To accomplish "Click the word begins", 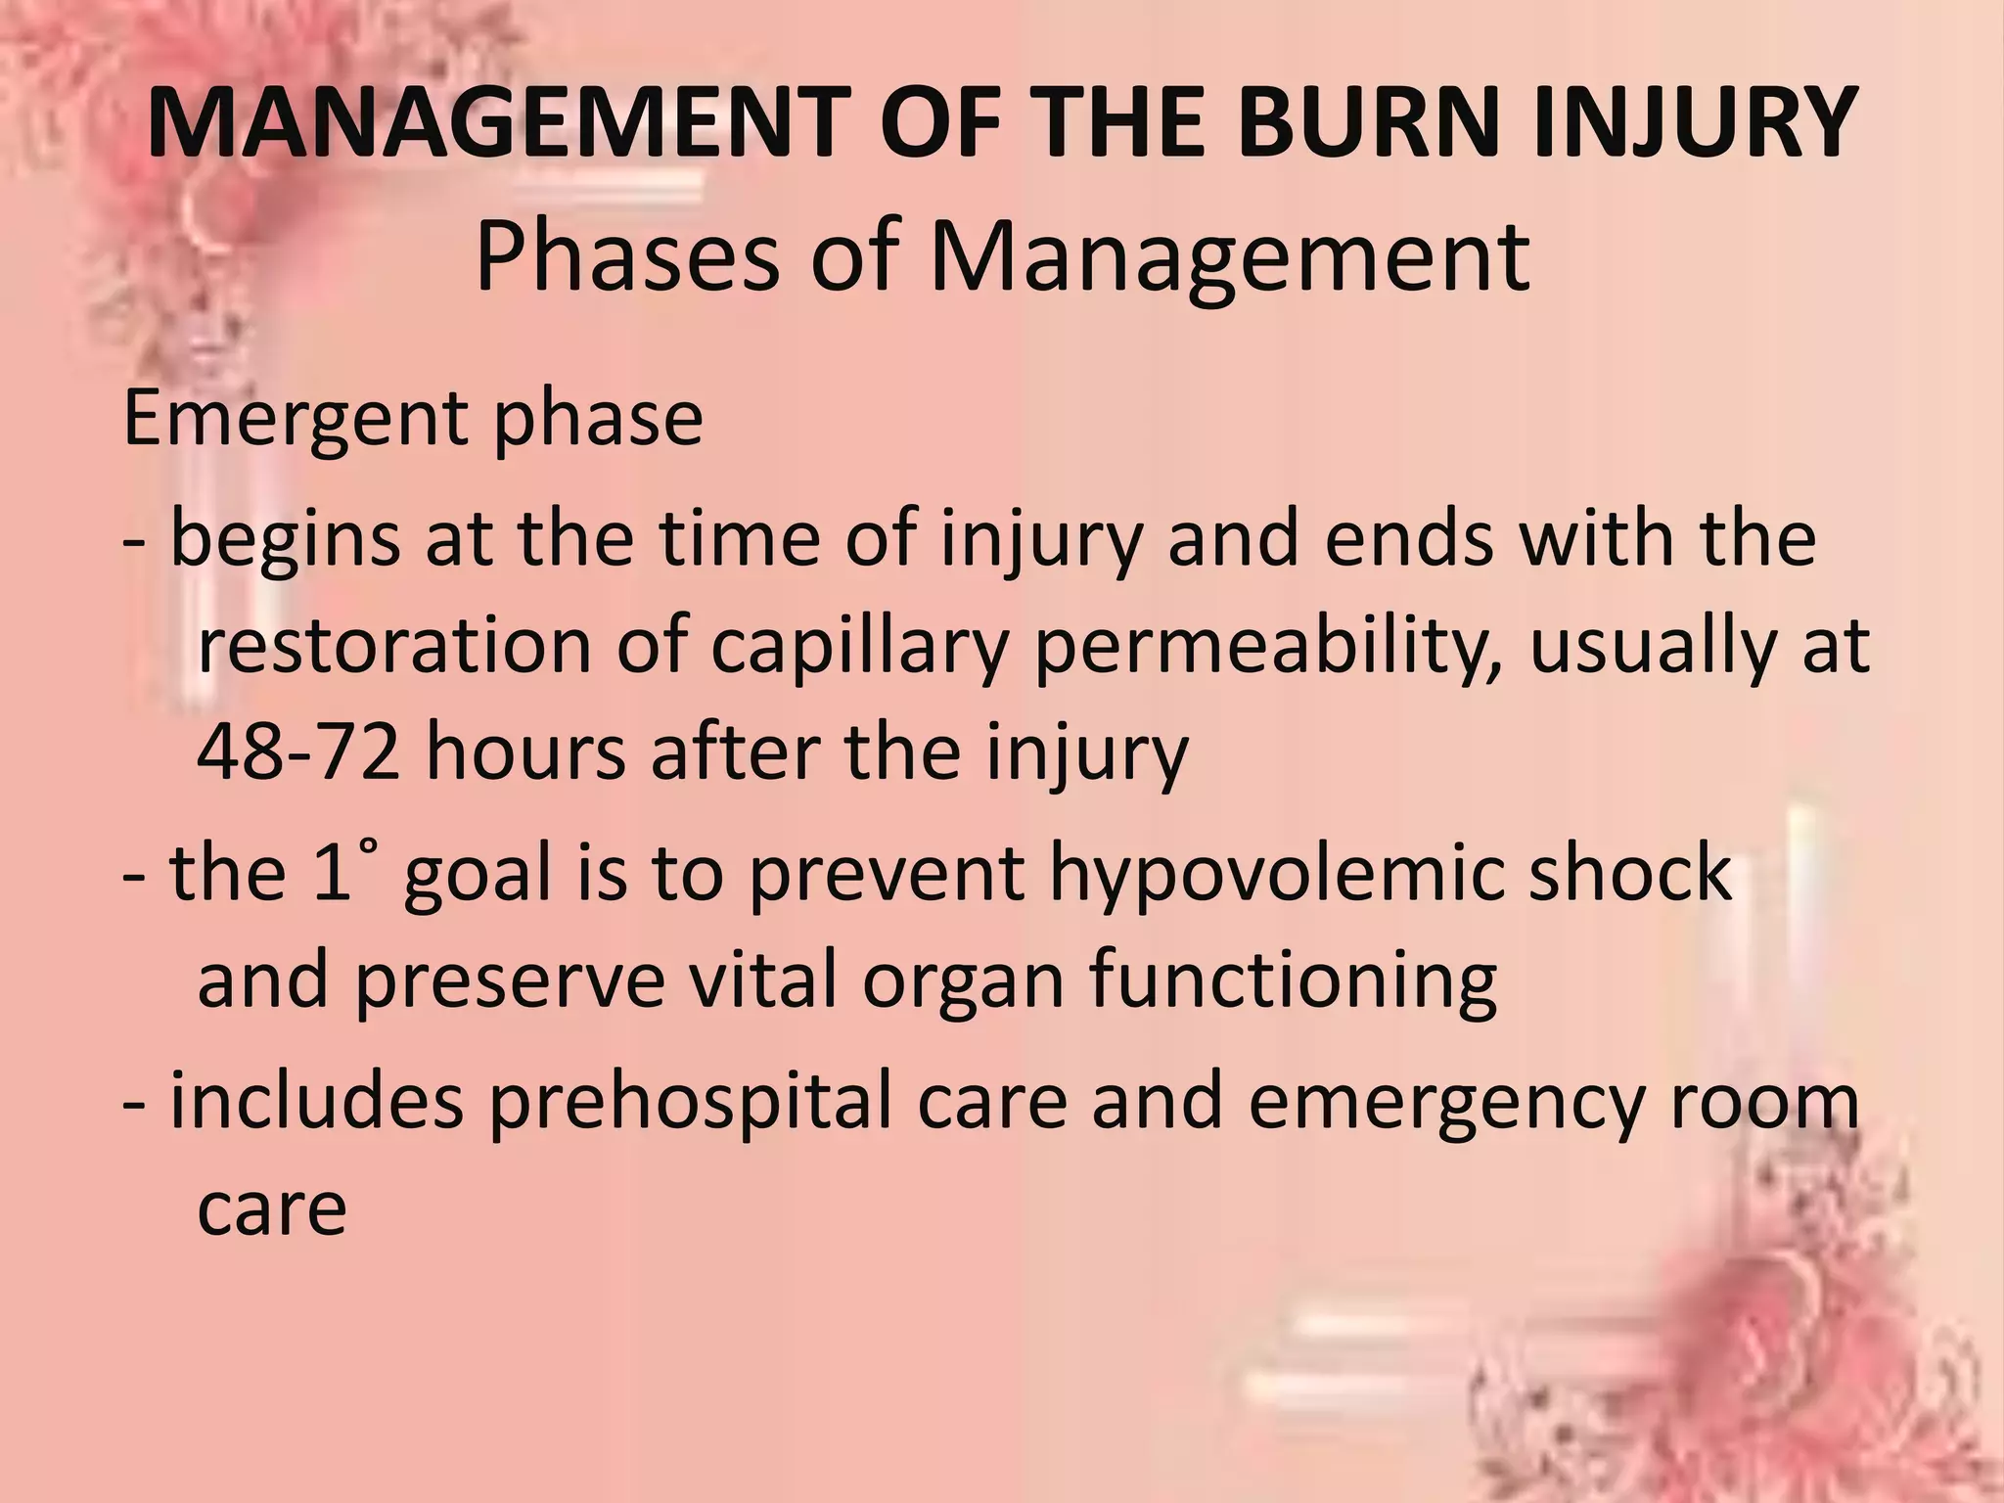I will pyautogui.click(x=285, y=540).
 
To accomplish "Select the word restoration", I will pyautogui.click(x=394, y=647).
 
